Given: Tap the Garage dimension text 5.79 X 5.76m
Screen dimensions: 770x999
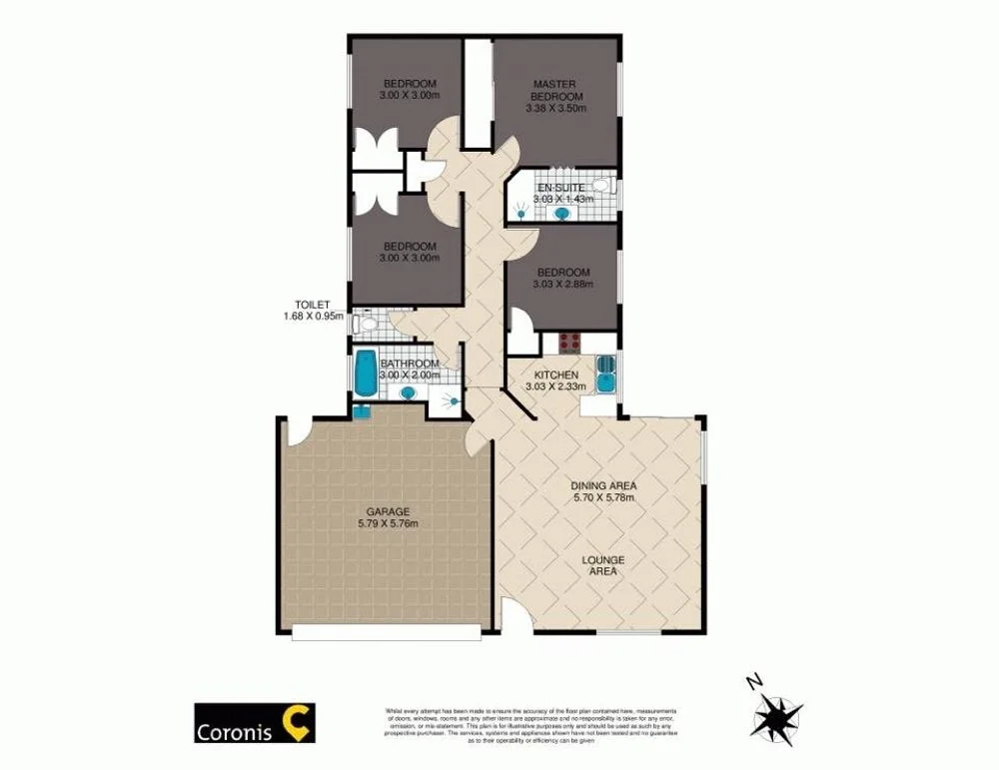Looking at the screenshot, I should pyautogui.click(x=388, y=523).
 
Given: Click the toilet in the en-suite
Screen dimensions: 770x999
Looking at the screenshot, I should pyautogui.click(x=600, y=185).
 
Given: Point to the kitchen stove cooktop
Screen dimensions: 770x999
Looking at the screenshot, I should pyautogui.click(x=569, y=343).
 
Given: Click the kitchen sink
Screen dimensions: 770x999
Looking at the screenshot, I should pyautogui.click(x=605, y=376).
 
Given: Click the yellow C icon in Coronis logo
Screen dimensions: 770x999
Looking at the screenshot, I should pyautogui.click(x=297, y=720).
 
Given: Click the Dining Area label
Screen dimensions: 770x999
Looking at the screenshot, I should pyautogui.click(x=603, y=486).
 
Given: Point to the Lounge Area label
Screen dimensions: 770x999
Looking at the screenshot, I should pyautogui.click(x=603, y=565).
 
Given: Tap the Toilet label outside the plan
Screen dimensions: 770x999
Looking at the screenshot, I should pyautogui.click(x=312, y=306).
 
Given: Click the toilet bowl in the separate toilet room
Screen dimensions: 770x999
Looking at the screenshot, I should pyautogui.click(x=367, y=323).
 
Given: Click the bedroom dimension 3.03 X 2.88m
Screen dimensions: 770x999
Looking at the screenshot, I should pyautogui.click(x=562, y=285).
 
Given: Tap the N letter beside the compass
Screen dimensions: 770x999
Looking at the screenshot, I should pyautogui.click(x=753, y=681).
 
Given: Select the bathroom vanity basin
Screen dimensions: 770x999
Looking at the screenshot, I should pyautogui.click(x=408, y=392).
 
